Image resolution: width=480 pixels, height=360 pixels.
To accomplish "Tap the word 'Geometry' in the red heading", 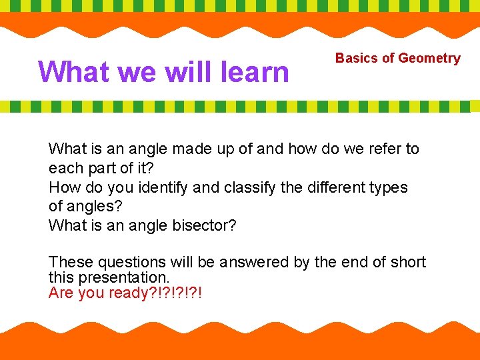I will [429, 58].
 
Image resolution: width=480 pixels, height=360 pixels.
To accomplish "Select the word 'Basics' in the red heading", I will [356, 58].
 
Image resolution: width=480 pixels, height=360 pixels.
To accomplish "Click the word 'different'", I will [338, 187].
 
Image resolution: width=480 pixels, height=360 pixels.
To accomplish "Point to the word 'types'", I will [390, 187].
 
